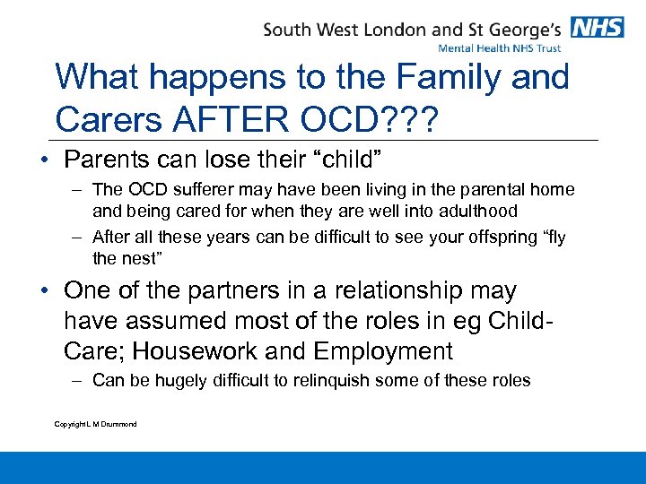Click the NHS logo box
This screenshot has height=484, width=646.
[598, 27]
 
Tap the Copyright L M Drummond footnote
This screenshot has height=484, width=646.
[96, 424]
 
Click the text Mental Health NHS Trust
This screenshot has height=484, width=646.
[500, 48]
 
